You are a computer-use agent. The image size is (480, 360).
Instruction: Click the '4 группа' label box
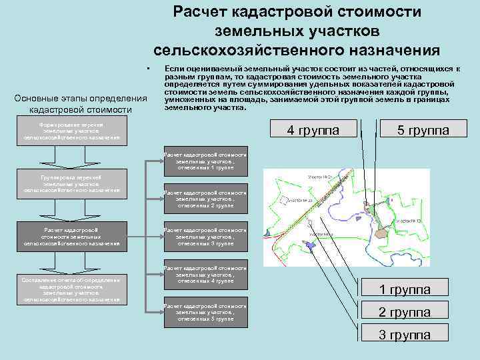point(313,129)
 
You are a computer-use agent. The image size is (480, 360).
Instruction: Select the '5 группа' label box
point(423,129)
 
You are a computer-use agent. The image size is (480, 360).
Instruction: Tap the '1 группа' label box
point(405,289)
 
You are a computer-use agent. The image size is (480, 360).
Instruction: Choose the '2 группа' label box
point(405,312)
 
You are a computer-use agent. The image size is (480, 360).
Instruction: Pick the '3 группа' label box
point(405,335)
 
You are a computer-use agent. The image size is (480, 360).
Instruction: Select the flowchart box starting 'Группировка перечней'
point(71,183)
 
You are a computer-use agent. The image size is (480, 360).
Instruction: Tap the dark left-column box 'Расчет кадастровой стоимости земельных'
point(71,236)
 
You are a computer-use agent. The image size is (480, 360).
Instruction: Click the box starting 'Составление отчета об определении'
point(71,290)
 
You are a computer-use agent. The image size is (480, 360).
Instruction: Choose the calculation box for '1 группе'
point(205,161)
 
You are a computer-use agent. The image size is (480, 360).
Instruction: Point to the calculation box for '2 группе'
point(205,199)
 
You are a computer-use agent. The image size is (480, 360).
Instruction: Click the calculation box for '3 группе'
point(205,236)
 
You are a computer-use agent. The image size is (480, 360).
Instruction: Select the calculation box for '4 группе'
point(205,274)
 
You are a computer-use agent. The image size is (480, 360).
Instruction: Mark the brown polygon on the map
point(381,233)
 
